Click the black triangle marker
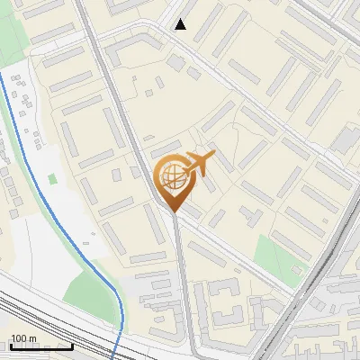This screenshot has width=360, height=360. tap(181, 24)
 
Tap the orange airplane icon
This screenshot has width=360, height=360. tap(199, 164)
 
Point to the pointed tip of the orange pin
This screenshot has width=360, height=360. tap(173, 212)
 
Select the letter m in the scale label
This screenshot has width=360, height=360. tap(33, 338)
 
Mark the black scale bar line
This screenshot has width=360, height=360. tap(41, 346)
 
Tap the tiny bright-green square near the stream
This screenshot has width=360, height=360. tap(52, 179)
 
